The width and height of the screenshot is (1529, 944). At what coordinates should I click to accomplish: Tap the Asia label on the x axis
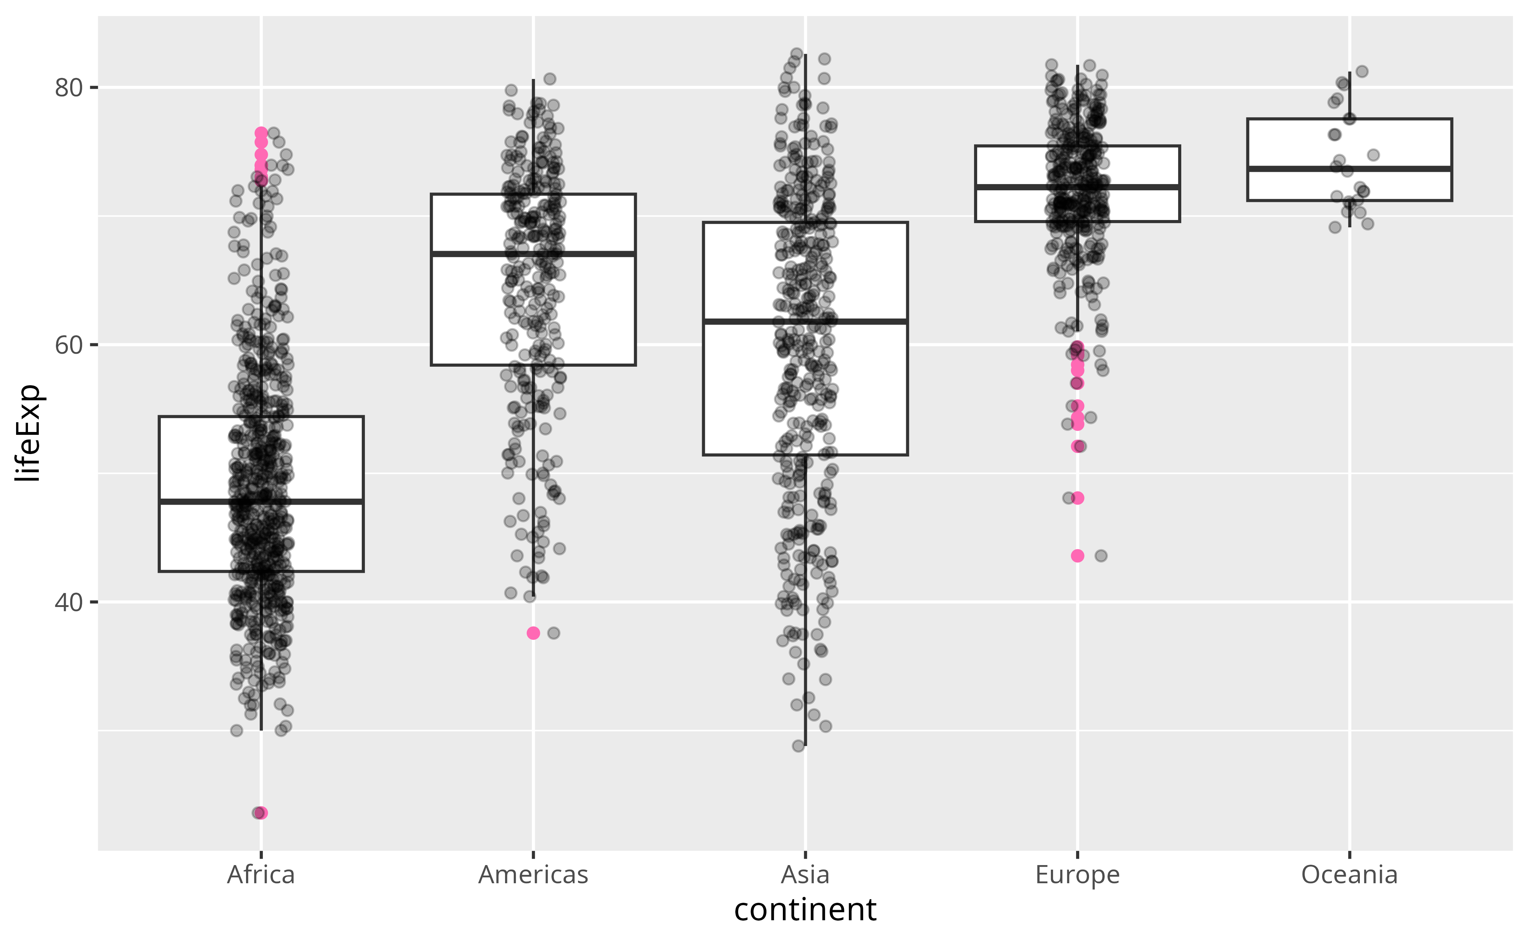[x=805, y=875]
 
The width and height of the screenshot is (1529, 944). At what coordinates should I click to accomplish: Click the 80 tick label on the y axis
[x=69, y=88]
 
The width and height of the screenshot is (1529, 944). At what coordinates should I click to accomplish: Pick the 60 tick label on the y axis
[x=69, y=345]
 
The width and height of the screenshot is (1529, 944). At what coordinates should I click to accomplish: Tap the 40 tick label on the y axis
[x=69, y=602]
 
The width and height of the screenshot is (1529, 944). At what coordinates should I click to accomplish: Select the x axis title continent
[x=805, y=910]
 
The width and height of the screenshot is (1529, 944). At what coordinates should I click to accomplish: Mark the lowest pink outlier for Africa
[x=261, y=813]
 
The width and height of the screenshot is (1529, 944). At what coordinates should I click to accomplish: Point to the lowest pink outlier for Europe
[x=1077, y=556]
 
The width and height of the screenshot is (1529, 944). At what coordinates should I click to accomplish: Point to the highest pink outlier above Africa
[x=261, y=133]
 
